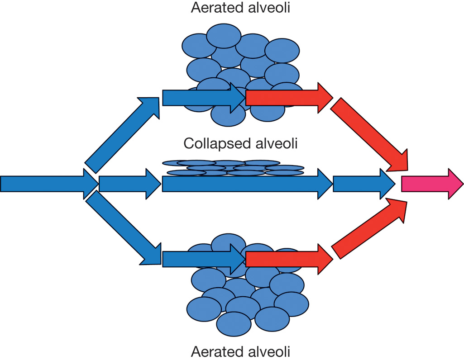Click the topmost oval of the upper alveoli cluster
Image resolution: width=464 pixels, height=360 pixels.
point(223,35)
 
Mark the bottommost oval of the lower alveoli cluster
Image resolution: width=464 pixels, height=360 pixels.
point(234,323)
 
